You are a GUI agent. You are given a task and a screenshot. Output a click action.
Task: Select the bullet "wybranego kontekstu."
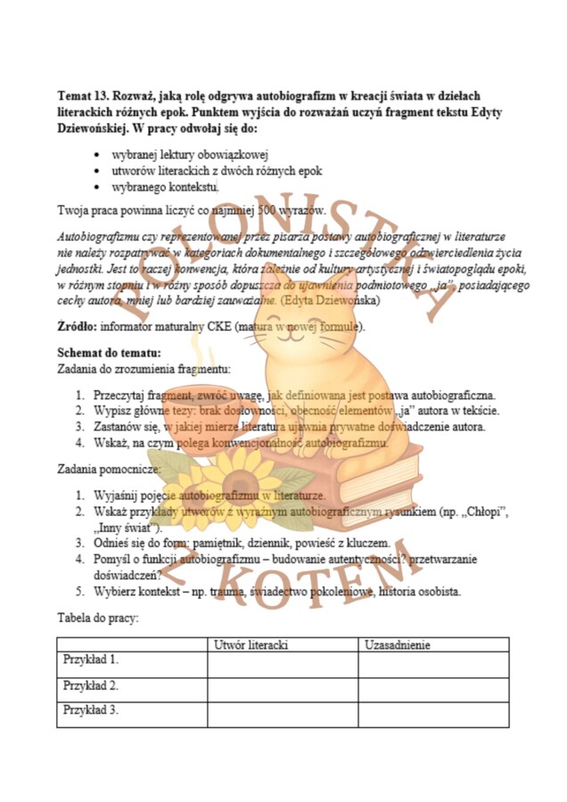coord(165,186)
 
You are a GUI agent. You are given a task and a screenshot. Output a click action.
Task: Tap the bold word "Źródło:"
coord(77,327)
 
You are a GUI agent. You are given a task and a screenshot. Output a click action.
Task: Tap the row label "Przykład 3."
coord(91,710)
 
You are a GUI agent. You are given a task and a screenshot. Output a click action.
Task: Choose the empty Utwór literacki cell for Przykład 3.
coord(283,711)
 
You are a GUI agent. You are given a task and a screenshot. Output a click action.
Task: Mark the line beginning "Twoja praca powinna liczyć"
coord(191,211)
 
